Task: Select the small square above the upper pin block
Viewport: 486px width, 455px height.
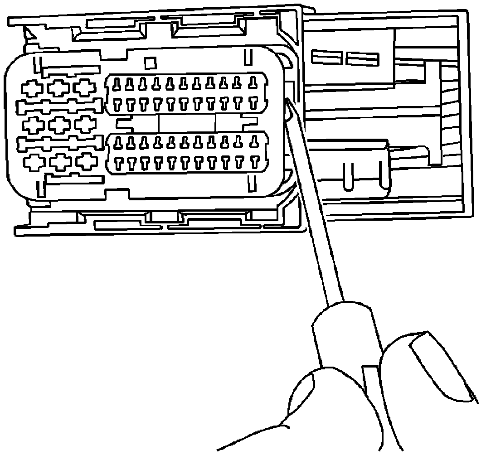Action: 150,62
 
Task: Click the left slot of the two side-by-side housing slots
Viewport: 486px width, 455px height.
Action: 326,58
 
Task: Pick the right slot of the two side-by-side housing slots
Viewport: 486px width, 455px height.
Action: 362,58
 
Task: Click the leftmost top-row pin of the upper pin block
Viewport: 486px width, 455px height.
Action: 117,83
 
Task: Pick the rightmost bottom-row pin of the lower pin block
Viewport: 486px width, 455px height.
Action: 254,162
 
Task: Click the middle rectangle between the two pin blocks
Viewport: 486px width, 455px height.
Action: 186,123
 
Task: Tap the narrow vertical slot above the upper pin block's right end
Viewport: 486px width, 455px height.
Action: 248,57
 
